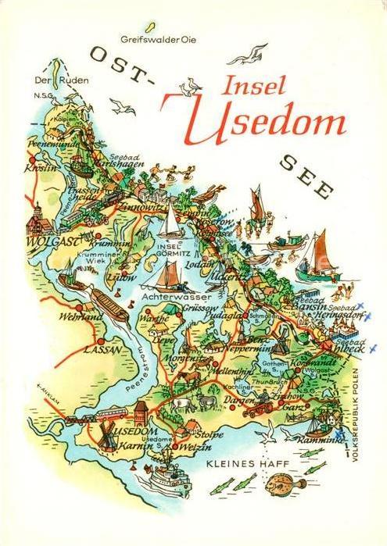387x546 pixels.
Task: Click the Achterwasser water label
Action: coord(167,298)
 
